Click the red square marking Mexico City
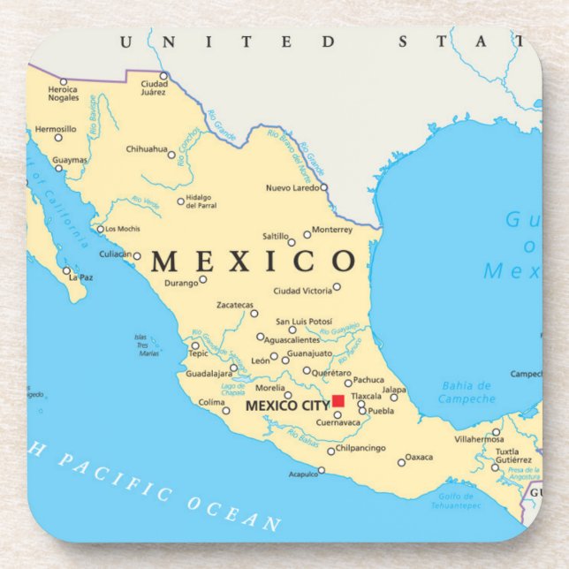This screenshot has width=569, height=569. click(338, 400)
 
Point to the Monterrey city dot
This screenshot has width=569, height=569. click(307, 234)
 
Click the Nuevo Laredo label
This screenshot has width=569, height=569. click(292, 187)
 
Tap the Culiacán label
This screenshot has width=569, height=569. click(114, 255)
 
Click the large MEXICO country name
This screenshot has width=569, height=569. click(253, 262)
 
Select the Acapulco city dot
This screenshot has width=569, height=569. click(321, 470)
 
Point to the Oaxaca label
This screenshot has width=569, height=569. click(420, 457)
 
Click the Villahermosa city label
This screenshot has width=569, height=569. click(478, 438)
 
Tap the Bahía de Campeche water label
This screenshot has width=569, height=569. click(467, 392)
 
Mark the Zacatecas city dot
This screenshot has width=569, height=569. click(254, 313)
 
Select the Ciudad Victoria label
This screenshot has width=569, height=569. click(302, 291)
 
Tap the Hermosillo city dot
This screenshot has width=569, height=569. click(58, 137)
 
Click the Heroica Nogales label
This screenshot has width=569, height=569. click(63, 93)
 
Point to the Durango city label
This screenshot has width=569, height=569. click(180, 284)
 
